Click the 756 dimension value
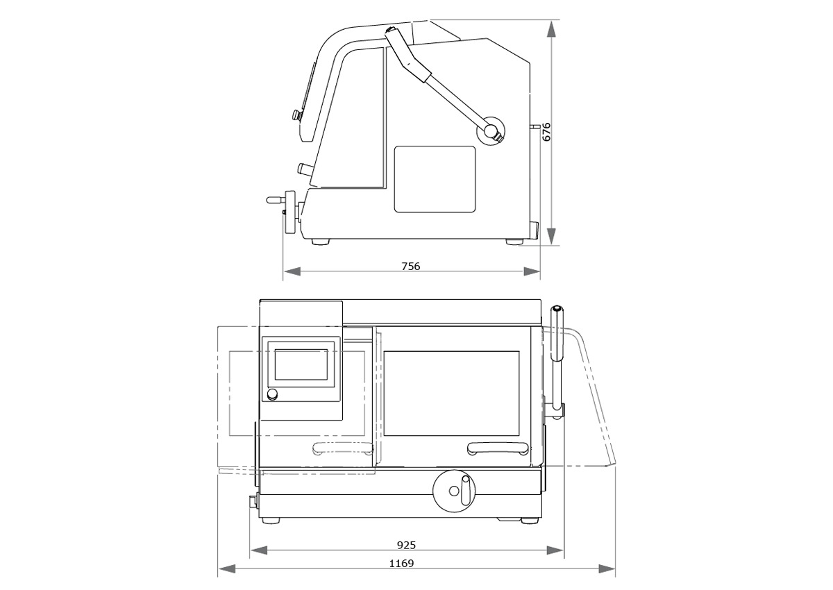pos(410,266)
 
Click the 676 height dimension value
pos(546,132)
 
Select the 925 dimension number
pos(406,545)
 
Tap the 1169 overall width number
pos(401,563)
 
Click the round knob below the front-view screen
pos(273,394)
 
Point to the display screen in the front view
pos(301,364)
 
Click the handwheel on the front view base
pos(454,490)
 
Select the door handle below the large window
pos(498,448)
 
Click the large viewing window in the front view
pos(451,393)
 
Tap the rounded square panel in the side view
pos(435,179)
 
